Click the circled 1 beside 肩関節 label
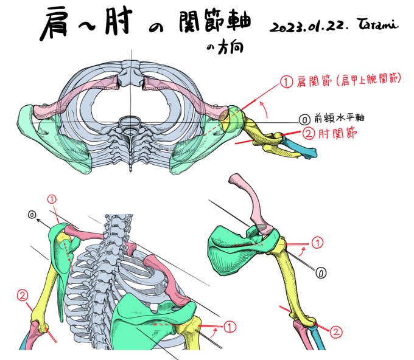click(284, 81)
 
